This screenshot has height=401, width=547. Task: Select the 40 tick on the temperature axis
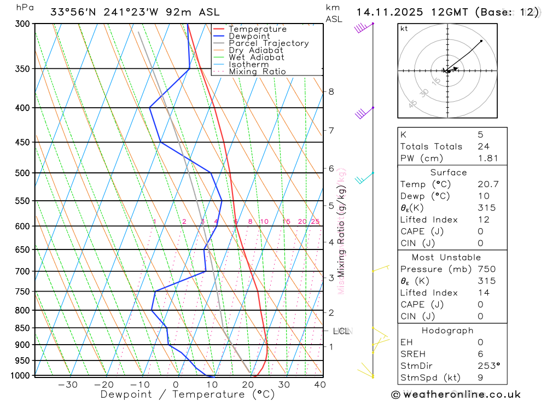click(x=321, y=385)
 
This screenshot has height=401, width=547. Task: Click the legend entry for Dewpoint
click(x=249, y=36)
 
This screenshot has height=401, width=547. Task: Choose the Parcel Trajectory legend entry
click(x=269, y=43)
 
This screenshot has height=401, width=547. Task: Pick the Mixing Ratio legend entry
click(x=257, y=72)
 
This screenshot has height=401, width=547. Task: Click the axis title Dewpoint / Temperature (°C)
click(x=187, y=394)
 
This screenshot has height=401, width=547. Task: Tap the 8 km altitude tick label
click(x=331, y=91)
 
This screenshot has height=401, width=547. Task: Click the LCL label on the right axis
click(x=342, y=331)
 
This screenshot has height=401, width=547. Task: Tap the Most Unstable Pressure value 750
click(x=486, y=269)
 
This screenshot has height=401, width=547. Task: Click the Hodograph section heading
click(x=447, y=331)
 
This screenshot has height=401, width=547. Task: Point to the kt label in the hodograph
click(x=404, y=29)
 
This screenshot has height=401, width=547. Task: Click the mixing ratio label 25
click(x=315, y=222)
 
